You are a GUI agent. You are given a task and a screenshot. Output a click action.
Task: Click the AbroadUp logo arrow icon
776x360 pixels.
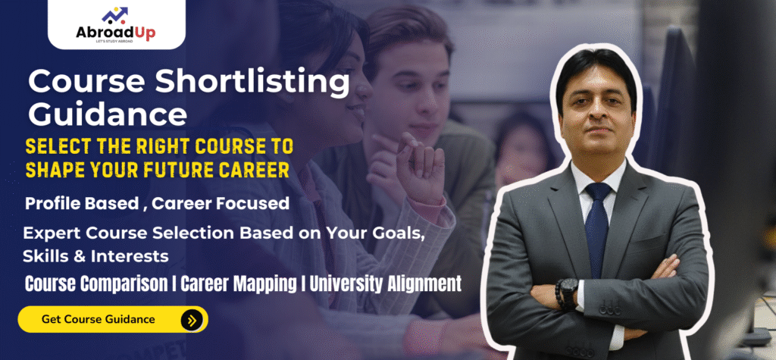(116, 14)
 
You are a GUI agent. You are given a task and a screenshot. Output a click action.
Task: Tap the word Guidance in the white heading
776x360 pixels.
(108, 115)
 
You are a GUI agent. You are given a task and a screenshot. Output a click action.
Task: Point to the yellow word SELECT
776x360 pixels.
(55, 145)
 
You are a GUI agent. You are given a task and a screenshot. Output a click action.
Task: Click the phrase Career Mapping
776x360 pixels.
(246, 284)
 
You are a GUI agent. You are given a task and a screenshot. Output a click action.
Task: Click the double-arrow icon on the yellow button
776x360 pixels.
(191, 320)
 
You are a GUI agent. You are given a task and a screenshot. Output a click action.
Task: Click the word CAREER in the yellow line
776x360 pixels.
(249, 170)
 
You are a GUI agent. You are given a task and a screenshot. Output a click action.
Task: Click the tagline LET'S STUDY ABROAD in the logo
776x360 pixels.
(117, 40)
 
